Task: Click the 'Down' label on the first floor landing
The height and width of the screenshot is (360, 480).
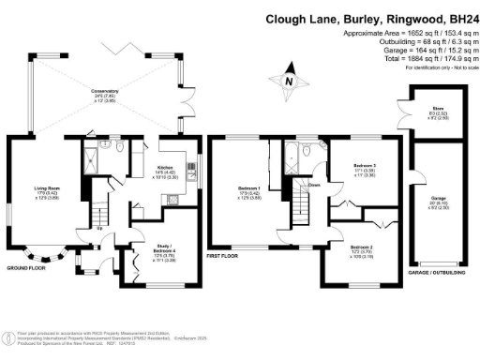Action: click(316, 185)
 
